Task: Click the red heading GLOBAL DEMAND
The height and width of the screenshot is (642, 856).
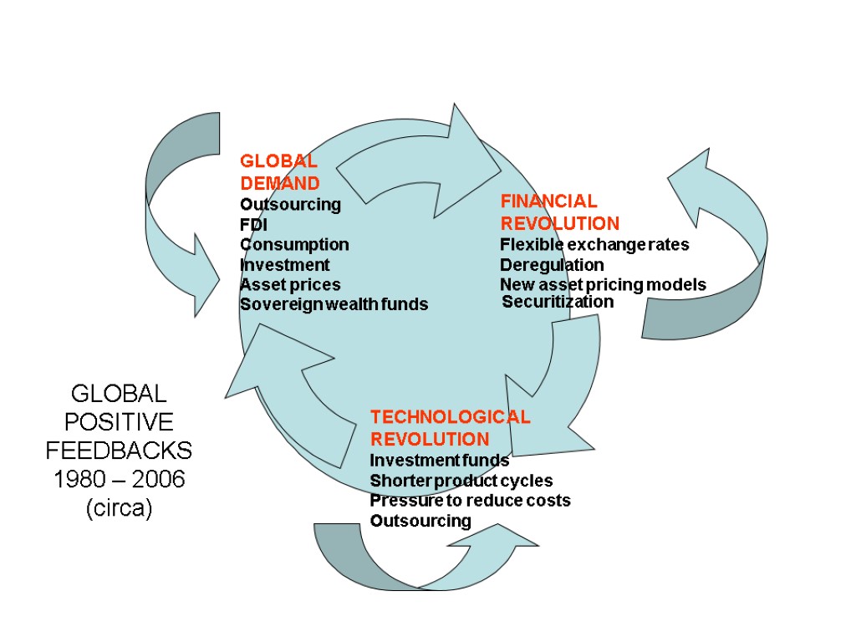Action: tap(279, 172)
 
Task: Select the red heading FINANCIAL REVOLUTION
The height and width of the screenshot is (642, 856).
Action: tap(559, 212)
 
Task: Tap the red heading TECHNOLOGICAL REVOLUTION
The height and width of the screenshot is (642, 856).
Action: tap(450, 428)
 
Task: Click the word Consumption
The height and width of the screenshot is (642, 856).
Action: tap(294, 245)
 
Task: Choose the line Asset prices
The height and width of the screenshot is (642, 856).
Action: tap(290, 285)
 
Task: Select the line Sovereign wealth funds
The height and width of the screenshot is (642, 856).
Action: tap(334, 305)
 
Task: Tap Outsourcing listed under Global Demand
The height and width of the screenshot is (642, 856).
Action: tap(290, 205)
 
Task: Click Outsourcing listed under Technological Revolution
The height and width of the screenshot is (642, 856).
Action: tap(420, 522)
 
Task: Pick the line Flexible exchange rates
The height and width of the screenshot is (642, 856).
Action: tap(594, 245)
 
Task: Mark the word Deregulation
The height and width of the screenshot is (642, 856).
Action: tap(552, 265)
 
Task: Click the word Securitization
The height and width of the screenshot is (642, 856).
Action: tap(558, 302)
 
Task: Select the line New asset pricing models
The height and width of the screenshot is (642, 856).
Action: tap(603, 285)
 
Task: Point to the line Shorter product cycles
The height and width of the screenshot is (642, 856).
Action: tap(461, 481)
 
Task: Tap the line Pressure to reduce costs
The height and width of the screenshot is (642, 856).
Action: tap(470, 501)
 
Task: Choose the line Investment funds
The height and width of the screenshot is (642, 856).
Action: tap(439, 461)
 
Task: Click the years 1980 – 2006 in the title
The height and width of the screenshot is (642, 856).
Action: tap(119, 481)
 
